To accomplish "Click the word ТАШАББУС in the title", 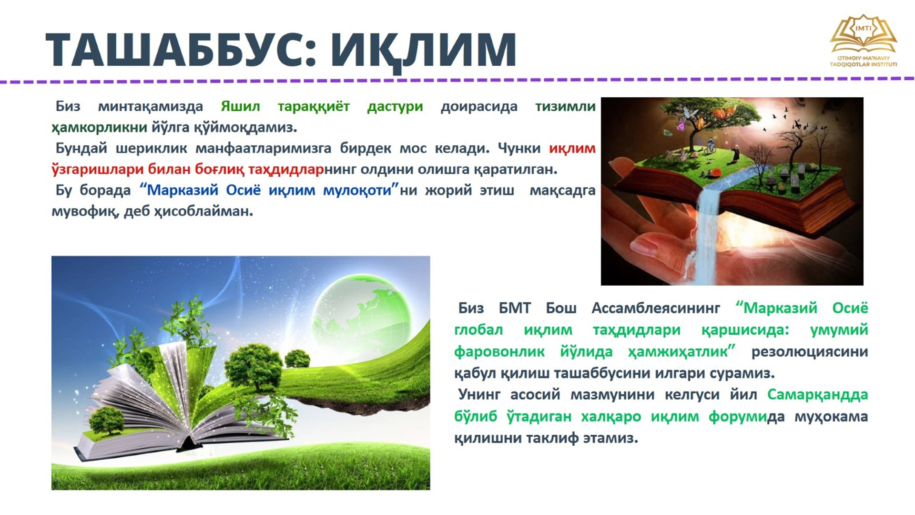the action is [176, 50].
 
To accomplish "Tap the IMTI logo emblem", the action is [863, 33].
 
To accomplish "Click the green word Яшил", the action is [240, 106].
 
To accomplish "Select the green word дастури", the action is [395, 107].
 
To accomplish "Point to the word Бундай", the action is [81, 148].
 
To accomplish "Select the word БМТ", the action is [515, 309].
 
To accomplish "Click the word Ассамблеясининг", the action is [656, 309].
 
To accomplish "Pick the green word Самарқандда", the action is [817, 395].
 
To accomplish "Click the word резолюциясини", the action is [809, 352].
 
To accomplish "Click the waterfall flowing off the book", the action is [708, 234].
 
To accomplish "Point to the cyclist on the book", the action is [710, 145].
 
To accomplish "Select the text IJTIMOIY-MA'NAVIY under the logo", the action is [863, 58].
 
